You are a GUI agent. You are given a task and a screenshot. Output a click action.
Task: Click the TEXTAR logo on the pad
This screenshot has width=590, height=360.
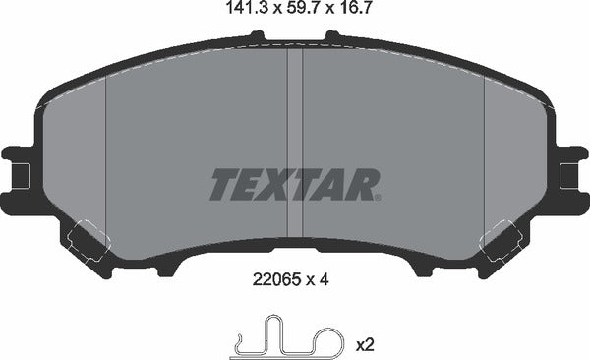click(x=294, y=183)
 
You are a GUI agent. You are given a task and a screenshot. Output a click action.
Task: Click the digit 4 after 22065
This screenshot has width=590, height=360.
click(x=323, y=279)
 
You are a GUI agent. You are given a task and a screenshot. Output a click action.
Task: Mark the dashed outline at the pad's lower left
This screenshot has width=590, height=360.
click(x=89, y=239)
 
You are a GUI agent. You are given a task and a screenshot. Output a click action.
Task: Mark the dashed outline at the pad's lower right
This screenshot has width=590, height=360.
click(x=501, y=239)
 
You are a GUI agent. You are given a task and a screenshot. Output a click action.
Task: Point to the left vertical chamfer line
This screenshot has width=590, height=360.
click(x=105, y=148)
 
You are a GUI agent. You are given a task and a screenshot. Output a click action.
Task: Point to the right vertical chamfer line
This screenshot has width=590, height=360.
click(x=485, y=148)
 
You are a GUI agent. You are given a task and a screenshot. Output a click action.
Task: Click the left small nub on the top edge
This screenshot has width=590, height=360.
click(x=258, y=37)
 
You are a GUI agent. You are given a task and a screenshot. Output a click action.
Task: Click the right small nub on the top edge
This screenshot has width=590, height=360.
click(x=331, y=37)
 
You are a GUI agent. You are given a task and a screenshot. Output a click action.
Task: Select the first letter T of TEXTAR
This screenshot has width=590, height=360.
click(x=224, y=184)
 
